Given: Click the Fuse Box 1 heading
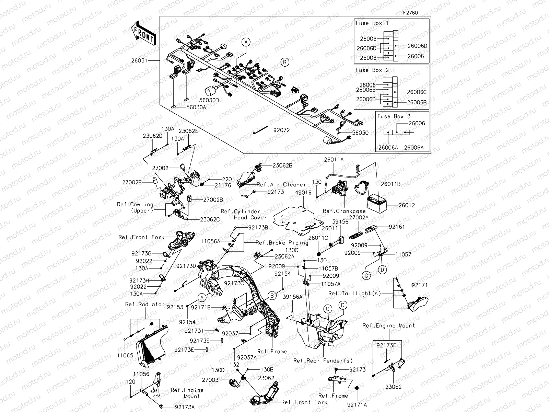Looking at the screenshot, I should (x=372, y=23).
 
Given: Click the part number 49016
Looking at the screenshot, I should (x=303, y=193).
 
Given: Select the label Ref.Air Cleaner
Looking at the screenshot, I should (x=281, y=185).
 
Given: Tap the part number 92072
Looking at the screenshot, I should (x=281, y=130).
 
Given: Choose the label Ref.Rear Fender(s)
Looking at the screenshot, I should (x=323, y=360).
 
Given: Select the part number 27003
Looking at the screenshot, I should (x=210, y=380).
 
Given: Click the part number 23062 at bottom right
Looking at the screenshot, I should (x=393, y=387).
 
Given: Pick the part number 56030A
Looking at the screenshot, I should (x=196, y=107).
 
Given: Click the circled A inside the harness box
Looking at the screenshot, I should (x=246, y=42).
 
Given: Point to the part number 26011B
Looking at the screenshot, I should (x=390, y=184).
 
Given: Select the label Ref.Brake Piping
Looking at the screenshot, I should (x=282, y=243).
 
